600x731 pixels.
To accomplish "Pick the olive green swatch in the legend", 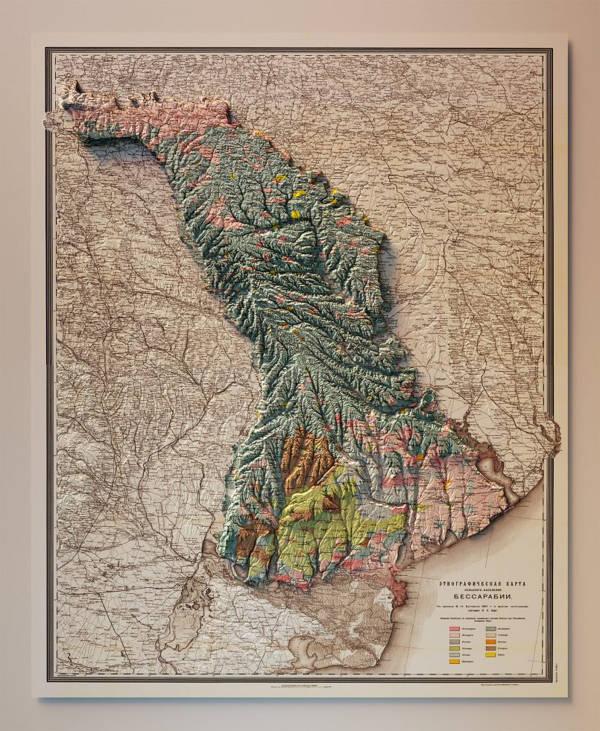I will pyautogui.click(x=454, y=648).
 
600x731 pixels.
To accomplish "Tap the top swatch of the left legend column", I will pyautogui.click(x=454, y=629).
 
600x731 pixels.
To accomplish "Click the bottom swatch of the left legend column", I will pyautogui.click(x=454, y=659).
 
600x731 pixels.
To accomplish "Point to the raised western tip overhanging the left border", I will pyautogui.click(x=56, y=119).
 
